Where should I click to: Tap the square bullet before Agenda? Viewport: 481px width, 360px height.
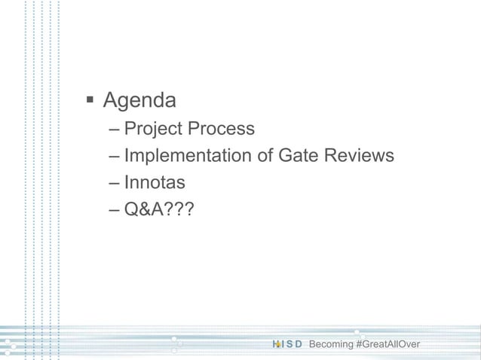[x=90, y=99]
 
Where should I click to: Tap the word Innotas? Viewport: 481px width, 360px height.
[x=155, y=182]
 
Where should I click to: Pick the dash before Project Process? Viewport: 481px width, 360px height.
[x=113, y=130]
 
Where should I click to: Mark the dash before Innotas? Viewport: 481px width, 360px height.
[x=113, y=183]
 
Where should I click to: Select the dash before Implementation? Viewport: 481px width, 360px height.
[x=113, y=157]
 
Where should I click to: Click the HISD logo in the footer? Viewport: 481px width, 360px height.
[x=286, y=344]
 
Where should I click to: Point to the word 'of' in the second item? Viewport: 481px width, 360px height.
[x=266, y=156]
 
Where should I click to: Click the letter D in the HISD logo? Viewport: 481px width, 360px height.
[x=299, y=344]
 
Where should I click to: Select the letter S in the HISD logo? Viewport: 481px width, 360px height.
[x=290, y=344]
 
